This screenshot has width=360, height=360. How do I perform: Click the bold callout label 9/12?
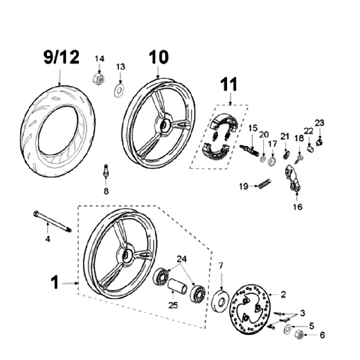click(61, 57)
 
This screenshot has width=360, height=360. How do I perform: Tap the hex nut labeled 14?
click(98, 79)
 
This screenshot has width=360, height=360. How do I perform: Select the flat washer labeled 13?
click(119, 90)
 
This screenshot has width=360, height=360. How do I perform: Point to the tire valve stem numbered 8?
click(105, 170)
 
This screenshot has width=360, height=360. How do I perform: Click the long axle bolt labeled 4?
click(52, 222)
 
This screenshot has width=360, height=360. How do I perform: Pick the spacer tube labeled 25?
click(178, 285)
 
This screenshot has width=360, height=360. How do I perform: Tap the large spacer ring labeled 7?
click(220, 301)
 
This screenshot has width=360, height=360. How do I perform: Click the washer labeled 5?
click(287, 329)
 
